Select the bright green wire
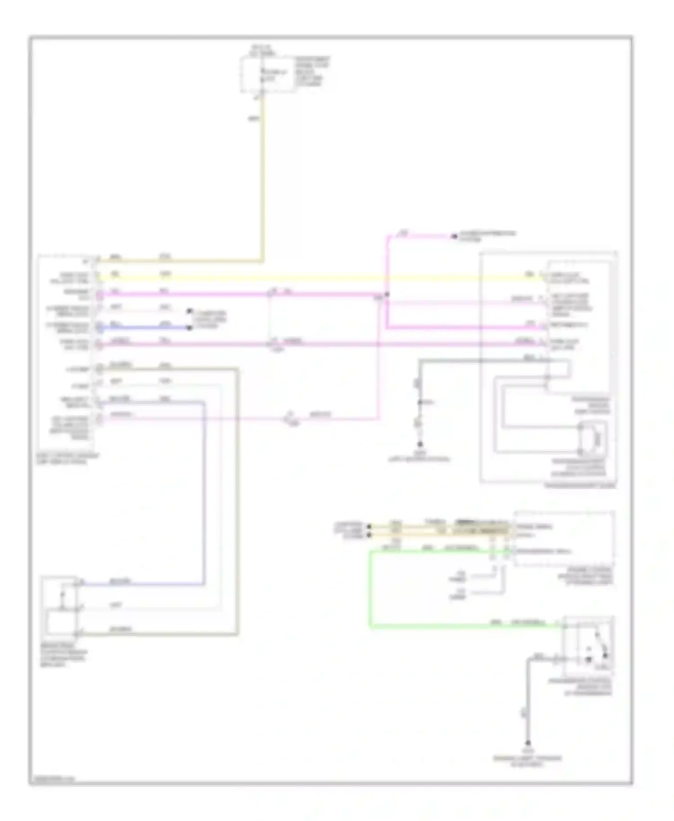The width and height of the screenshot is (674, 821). [x=371, y=588]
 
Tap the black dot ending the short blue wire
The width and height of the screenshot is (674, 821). [x=190, y=328]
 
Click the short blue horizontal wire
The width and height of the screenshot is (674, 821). [x=144, y=328]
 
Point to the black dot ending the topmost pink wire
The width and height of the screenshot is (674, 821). [x=454, y=236]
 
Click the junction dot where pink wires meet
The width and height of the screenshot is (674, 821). [x=387, y=295]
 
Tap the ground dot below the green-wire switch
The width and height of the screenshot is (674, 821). [x=528, y=743]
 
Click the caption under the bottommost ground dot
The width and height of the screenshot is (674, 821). [x=527, y=760]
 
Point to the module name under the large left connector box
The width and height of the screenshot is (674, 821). [x=67, y=458]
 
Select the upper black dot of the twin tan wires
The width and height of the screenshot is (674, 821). [x=369, y=526]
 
